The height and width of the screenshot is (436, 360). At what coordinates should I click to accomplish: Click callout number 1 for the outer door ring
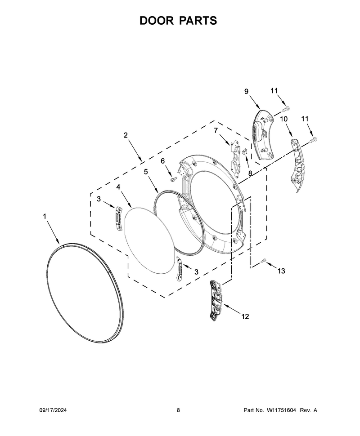click(45, 216)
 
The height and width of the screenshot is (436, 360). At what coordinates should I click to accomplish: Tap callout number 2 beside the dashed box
click(126, 135)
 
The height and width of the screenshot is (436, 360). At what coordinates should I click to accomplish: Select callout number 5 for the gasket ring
click(146, 172)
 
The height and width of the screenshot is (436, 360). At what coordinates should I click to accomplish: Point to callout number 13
click(281, 271)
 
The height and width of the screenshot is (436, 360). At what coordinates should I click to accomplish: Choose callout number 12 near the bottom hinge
click(245, 316)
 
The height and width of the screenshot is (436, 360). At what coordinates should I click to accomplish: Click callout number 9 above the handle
click(247, 92)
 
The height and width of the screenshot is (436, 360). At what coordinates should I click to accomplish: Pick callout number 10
click(283, 119)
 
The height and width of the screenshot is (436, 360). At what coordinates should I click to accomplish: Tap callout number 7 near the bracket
click(216, 130)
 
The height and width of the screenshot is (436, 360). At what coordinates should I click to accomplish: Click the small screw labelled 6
click(173, 179)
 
